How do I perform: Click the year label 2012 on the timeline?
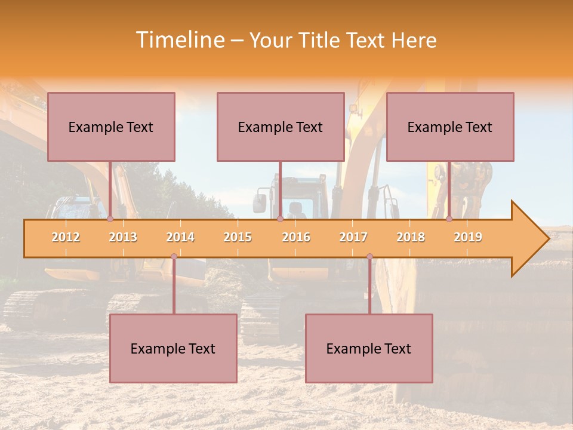click(x=66, y=237)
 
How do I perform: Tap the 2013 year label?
click(x=123, y=237)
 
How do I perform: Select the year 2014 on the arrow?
click(x=180, y=237)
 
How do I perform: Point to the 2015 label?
click(x=238, y=237)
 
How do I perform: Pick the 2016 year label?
click(x=296, y=237)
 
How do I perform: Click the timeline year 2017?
click(x=353, y=237)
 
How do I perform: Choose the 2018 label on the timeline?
click(x=411, y=237)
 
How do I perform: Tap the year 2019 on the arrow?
click(x=468, y=237)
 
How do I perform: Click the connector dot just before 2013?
click(x=110, y=219)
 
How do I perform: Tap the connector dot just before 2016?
click(x=280, y=219)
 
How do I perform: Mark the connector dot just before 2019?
click(x=449, y=219)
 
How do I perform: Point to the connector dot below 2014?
click(x=174, y=257)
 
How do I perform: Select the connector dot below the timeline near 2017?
click(x=369, y=257)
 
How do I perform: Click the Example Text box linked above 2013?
click(x=111, y=127)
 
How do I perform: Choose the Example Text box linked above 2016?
click(x=281, y=127)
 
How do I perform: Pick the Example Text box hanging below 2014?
click(x=173, y=348)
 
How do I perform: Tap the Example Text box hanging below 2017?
click(x=369, y=348)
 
